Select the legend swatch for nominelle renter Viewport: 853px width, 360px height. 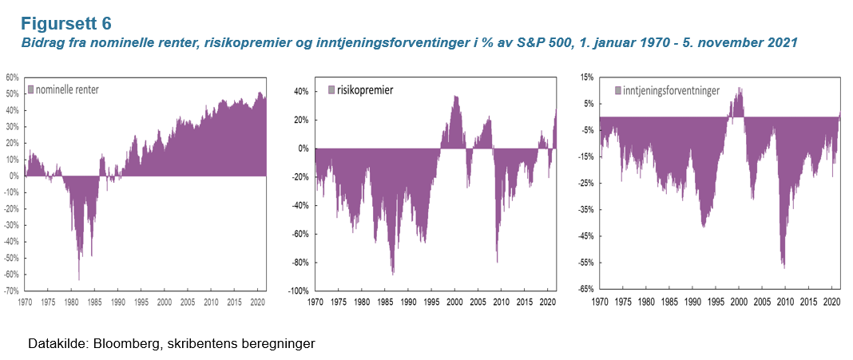[x=31, y=90]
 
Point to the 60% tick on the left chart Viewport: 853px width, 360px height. [x=11, y=77]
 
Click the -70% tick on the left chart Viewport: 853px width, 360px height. [x=11, y=291]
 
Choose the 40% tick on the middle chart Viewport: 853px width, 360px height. [x=302, y=91]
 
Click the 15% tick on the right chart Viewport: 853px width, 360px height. [x=587, y=77]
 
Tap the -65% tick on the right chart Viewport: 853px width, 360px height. [x=585, y=289]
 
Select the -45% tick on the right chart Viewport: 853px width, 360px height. [x=585, y=236]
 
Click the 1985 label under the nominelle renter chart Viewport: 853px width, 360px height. [x=94, y=303]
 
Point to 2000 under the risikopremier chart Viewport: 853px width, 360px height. [x=454, y=303]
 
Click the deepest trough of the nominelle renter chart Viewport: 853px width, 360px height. [x=78, y=279]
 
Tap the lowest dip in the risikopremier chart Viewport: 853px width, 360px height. [x=392, y=274]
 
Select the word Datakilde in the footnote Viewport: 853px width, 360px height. [x=55, y=344]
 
